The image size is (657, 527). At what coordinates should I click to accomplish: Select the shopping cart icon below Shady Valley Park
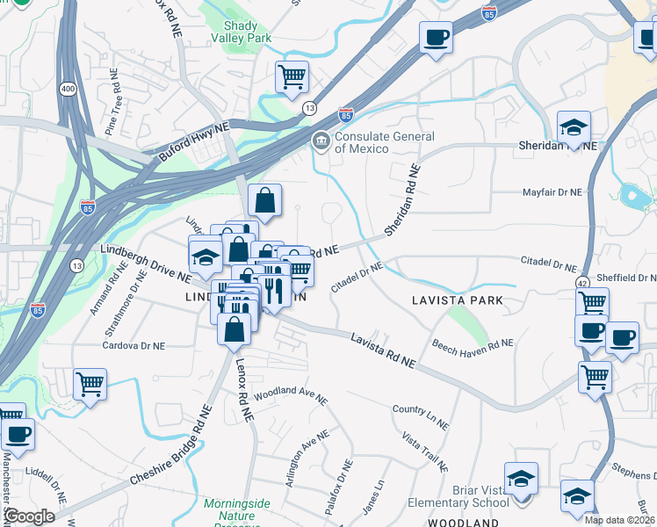[292, 76]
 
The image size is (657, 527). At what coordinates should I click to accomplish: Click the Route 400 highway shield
[68, 89]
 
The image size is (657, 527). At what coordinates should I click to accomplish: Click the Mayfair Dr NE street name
[552, 191]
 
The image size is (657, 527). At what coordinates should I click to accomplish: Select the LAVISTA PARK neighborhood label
[458, 300]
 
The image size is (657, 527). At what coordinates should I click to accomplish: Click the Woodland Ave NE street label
[290, 394]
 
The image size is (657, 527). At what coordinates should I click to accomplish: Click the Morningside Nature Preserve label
[237, 509]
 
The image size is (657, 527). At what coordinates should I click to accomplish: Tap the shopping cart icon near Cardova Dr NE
[90, 383]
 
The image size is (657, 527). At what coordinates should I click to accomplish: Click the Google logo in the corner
[30, 516]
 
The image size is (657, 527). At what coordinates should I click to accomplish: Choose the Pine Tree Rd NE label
[114, 110]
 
